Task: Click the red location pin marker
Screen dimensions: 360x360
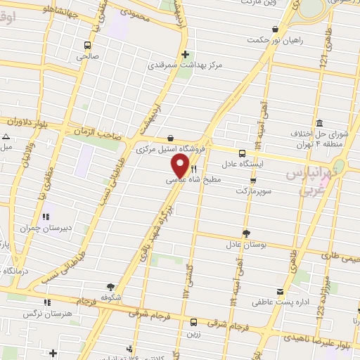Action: click(x=181, y=166)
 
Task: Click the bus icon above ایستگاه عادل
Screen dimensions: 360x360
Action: click(x=242, y=153)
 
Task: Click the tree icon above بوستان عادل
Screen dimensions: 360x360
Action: click(x=245, y=233)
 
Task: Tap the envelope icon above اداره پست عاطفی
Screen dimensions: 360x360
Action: click(x=281, y=291)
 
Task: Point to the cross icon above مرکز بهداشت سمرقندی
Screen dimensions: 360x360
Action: click(x=185, y=55)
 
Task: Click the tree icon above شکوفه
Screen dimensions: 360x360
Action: click(x=110, y=287)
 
